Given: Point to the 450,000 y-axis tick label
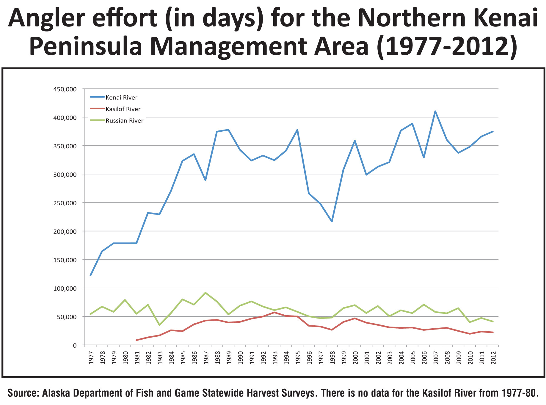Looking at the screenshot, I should point(65,89).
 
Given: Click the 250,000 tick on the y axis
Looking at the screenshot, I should point(65,203).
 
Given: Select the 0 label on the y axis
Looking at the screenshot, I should point(75,345).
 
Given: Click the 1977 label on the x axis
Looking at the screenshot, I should point(91,357).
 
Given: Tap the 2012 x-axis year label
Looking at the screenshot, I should point(493,357).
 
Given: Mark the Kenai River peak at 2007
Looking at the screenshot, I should point(435,111).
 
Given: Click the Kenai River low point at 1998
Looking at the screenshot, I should point(332,222).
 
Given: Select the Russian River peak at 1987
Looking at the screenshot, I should point(205,293).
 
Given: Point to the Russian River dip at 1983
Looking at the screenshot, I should point(159,325).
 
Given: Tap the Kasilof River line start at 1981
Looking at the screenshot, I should point(136,340).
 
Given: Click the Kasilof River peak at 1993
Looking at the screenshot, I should point(274,312).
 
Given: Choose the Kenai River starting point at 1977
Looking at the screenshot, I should point(90,275).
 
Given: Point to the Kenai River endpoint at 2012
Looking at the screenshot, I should point(493,131).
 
